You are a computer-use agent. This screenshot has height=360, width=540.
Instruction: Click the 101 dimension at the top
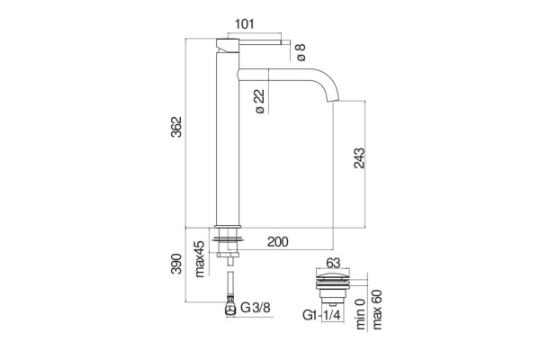click(245, 24)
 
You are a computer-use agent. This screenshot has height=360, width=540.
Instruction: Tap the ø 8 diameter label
click(301, 52)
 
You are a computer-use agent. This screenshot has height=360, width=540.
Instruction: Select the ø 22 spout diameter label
click(260, 102)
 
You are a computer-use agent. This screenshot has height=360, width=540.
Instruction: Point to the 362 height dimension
click(176, 127)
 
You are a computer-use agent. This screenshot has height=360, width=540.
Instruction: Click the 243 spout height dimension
click(359, 158)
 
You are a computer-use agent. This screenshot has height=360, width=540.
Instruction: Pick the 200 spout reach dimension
click(277, 242)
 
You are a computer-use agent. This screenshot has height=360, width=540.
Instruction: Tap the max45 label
click(200, 258)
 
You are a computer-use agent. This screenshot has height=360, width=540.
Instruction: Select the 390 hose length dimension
click(176, 264)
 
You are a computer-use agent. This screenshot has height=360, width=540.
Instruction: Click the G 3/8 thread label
click(256, 307)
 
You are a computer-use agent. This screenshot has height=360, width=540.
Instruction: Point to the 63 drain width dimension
click(333, 263)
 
